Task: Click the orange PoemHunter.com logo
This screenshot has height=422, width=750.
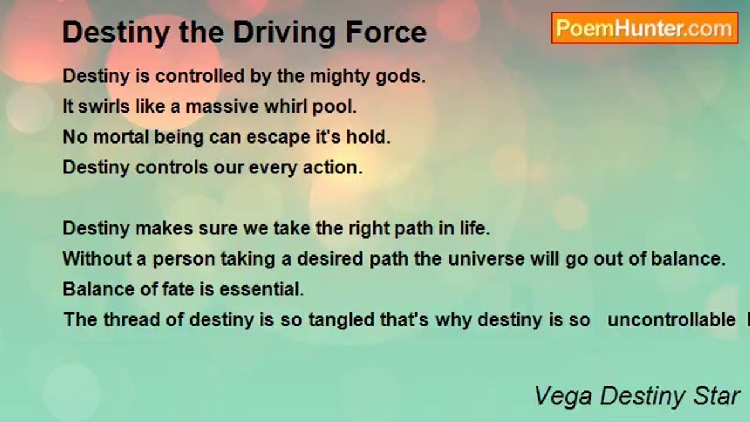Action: click(645, 28)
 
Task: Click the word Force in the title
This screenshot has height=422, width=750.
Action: click(386, 32)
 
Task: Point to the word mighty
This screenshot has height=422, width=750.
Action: click(339, 77)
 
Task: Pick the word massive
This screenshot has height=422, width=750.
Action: click(221, 107)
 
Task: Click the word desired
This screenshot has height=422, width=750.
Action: click(330, 259)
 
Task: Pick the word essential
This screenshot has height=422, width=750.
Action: click(261, 290)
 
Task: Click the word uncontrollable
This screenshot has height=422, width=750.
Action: click(671, 320)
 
